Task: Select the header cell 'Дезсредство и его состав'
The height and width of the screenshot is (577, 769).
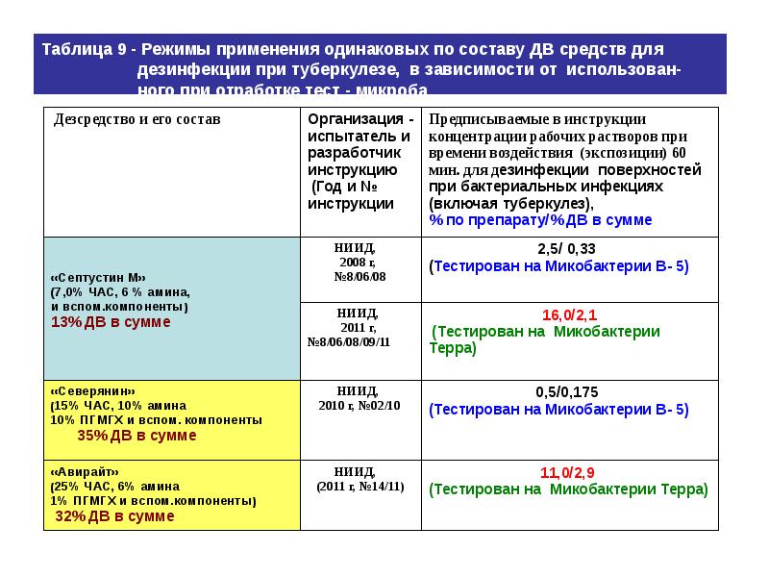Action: (136, 119)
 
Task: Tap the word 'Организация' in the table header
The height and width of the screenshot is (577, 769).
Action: (356, 119)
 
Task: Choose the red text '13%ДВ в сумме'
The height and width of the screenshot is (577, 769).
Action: (111, 322)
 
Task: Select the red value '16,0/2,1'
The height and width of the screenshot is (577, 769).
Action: (569, 314)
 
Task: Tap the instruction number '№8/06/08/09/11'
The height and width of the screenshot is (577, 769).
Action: (348, 341)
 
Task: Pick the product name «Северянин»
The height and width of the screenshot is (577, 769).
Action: (93, 391)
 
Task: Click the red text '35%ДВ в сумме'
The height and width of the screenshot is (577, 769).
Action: (136, 436)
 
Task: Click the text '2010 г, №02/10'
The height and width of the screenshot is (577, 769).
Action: (360, 406)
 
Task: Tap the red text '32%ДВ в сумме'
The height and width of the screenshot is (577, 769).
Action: (114, 516)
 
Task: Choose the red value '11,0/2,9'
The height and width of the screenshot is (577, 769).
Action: (569, 471)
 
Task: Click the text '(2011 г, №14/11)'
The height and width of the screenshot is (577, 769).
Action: (360, 487)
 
